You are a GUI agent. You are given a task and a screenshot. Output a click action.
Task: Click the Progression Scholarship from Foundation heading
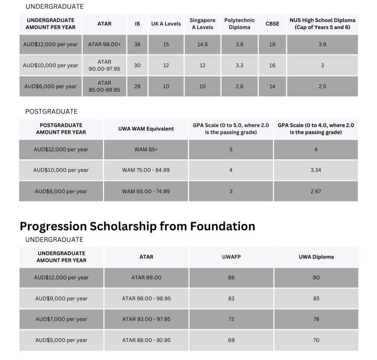coord(137,226)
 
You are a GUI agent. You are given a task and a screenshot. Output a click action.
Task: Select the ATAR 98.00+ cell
coord(104,44)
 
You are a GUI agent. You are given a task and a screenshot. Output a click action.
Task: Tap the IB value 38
coord(137,44)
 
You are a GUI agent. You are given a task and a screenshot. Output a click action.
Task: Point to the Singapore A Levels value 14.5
coord(202,44)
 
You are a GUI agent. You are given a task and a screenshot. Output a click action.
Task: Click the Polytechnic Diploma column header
coord(239,23)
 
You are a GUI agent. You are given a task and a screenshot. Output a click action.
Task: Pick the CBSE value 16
coord(272,65)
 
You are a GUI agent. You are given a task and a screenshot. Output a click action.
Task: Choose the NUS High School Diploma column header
coord(322,23)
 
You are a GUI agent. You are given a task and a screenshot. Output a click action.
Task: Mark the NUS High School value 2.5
coord(322,86)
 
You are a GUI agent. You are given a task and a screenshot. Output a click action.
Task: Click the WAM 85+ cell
coord(146,149)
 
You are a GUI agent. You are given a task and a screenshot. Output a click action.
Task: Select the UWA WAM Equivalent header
coord(146,129)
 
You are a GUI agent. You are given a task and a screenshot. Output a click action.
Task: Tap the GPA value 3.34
coord(316,170)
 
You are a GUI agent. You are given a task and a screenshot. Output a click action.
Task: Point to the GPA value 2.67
coord(316,191)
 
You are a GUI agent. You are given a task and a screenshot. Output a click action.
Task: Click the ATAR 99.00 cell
coord(146,277)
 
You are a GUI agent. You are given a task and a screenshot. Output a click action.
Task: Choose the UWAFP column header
coord(231,257)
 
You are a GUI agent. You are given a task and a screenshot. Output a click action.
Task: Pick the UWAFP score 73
coord(231,319)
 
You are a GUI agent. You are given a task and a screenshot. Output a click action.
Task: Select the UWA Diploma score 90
coord(316,277)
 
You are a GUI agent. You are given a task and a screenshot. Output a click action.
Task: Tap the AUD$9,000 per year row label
coord(61,298)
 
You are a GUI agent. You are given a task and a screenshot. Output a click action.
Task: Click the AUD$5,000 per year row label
coord(61,340)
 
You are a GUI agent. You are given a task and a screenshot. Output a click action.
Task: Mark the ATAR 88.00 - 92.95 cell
coord(146,340)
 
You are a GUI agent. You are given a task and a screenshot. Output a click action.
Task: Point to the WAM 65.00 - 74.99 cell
coord(146,191)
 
